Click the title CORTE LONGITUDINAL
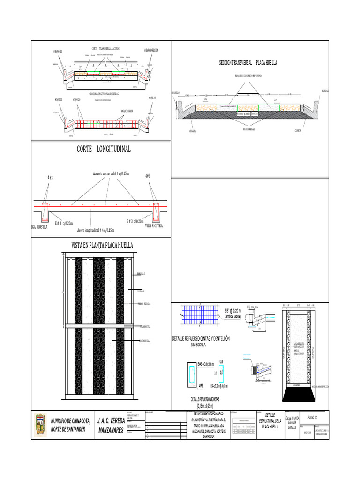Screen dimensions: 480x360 click(104, 149)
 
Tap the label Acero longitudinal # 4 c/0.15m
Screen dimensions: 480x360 click(96, 230)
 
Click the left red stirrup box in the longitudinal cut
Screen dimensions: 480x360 click(45, 211)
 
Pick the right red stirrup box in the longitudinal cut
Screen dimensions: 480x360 click(155, 211)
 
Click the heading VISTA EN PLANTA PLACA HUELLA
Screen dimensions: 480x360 click(102, 245)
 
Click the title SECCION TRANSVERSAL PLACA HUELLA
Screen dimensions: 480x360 click(248, 62)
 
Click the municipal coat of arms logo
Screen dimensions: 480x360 click(40, 426)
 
